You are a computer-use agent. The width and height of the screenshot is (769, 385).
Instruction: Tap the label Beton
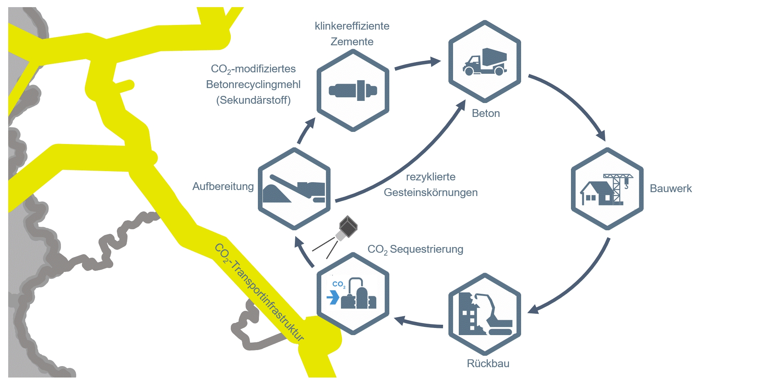486,113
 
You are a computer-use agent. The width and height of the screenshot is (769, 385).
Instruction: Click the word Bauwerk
670,189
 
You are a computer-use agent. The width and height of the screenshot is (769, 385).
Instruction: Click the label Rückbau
488,364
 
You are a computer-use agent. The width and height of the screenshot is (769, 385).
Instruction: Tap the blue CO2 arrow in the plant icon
333,297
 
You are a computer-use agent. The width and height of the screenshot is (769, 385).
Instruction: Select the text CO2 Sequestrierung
415,249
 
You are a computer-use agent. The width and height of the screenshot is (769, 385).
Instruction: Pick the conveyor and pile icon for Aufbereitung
294,189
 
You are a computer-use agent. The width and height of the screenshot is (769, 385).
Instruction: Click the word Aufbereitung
223,186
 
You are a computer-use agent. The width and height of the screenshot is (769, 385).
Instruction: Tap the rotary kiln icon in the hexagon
353,91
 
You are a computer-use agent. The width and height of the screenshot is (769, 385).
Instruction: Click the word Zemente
352,42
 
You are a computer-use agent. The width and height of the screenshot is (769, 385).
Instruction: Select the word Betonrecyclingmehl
253,84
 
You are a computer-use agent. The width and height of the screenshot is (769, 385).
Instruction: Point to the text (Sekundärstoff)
253,100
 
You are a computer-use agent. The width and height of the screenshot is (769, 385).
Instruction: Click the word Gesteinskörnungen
430,192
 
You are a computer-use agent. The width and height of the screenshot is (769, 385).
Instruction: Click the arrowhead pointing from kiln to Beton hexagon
435,61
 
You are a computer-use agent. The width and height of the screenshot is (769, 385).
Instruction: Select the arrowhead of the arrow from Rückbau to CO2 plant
400,320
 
